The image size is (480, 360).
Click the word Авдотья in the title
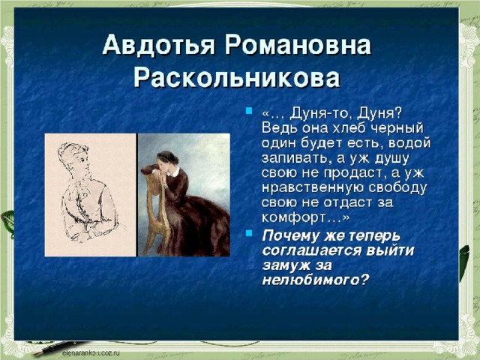click(x=158, y=44)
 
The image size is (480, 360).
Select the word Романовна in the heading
click(x=298, y=44)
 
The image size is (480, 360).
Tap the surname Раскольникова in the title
click(x=237, y=77)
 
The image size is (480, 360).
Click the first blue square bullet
click(x=249, y=110)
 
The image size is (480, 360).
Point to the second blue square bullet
click(x=249, y=233)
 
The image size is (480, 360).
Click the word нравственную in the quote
click(x=313, y=188)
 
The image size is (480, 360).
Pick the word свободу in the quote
click(x=397, y=188)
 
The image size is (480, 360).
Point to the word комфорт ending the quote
click(x=293, y=218)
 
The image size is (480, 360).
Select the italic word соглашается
click(x=312, y=250)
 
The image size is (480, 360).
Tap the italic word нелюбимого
click(x=310, y=280)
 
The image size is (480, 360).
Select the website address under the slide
click(x=91, y=353)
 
